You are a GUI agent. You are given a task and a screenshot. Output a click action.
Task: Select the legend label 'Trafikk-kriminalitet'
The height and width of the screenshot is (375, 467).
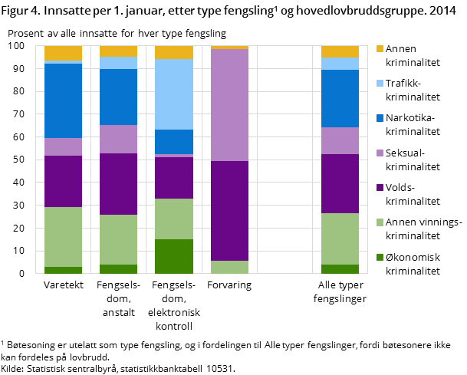413,90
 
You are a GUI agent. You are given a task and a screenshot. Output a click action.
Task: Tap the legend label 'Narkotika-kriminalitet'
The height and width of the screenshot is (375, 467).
413,124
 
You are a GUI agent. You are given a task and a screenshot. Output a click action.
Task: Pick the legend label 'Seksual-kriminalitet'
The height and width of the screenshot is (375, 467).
413,160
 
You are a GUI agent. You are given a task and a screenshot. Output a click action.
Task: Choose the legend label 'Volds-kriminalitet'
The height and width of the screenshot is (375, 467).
413,194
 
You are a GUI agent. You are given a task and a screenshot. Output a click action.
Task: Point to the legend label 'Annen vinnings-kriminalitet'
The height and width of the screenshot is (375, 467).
423,229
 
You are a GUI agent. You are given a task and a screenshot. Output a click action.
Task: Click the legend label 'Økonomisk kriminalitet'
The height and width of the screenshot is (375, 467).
413,264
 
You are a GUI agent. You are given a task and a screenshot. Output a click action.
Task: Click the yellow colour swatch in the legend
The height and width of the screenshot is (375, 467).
379,49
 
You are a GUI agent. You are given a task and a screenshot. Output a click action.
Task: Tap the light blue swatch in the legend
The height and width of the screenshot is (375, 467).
379,84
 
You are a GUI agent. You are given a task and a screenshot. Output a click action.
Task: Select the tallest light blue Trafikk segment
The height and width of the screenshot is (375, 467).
174,94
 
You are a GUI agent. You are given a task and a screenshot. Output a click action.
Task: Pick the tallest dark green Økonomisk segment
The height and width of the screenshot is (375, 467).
174,256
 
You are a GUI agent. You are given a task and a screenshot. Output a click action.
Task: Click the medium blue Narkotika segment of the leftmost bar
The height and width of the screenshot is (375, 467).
63,100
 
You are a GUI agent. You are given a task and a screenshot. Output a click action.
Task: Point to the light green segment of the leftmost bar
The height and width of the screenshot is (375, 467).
63,237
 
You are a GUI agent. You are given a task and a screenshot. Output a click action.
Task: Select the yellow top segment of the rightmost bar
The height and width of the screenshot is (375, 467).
340,51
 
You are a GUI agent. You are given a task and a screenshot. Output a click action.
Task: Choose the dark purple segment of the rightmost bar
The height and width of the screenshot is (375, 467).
340,183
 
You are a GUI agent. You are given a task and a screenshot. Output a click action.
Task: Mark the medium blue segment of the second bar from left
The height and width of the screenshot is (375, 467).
118,97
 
